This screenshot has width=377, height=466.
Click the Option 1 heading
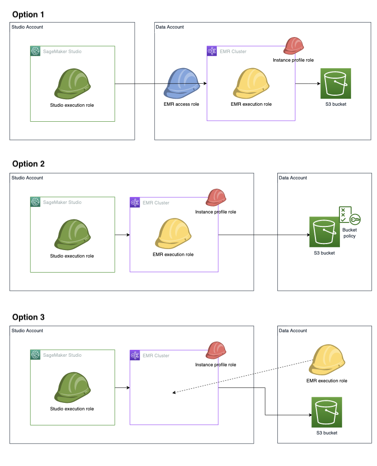(29, 15)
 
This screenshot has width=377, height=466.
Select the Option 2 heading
(29, 164)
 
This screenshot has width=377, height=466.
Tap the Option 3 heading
(29, 317)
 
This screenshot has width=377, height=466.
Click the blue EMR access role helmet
(181, 84)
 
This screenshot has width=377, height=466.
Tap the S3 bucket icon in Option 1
(335, 83)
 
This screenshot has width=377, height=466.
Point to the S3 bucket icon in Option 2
(324, 231)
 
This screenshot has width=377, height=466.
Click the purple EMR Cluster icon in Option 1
(212, 51)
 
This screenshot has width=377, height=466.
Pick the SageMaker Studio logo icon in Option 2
(35, 202)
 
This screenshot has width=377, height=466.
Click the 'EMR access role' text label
(181, 104)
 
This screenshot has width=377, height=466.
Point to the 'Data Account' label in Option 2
(293, 178)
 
